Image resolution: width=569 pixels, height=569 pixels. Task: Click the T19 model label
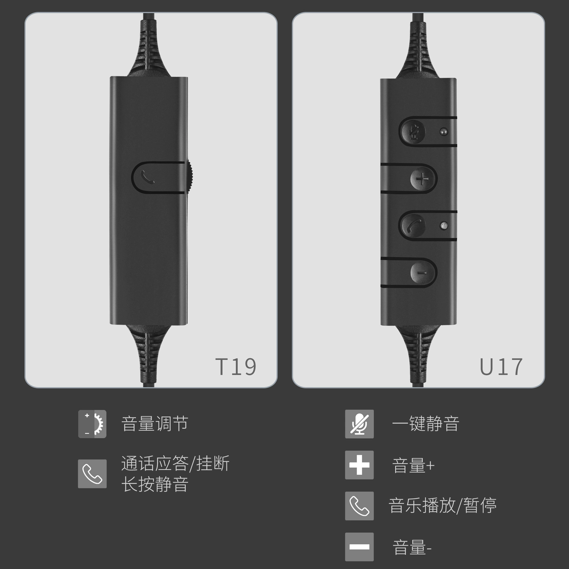click(x=236, y=367)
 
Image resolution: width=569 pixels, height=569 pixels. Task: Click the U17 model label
click(x=501, y=367)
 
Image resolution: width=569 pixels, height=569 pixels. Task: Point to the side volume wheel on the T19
click(x=190, y=178)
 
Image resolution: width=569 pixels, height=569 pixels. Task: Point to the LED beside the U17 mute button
click(x=444, y=131)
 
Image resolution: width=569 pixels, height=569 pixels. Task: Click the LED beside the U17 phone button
click(x=444, y=226)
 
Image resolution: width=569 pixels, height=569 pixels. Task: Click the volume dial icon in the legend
click(x=92, y=424)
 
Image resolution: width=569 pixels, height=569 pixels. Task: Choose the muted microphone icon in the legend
click(x=359, y=424)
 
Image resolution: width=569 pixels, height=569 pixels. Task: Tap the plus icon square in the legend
click(x=359, y=465)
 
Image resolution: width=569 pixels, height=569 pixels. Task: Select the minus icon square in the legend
click(x=359, y=547)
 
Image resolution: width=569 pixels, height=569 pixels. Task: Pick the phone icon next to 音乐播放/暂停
click(x=359, y=506)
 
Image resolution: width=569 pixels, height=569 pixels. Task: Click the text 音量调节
click(x=155, y=423)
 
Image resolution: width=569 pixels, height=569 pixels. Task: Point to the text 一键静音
click(x=426, y=423)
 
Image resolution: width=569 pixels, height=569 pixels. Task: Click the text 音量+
click(x=413, y=466)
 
